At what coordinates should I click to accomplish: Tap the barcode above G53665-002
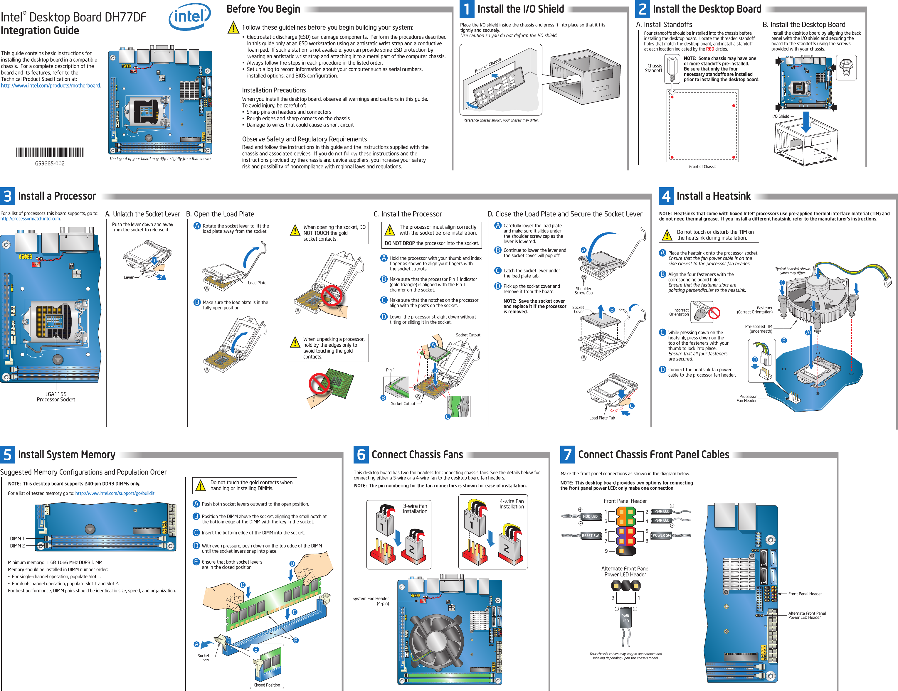pyautogui.click(x=50, y=153)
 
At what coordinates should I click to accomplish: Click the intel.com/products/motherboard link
pyautogui.click(x=51, y=85)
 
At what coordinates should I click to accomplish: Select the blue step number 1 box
pyautogui.click(x=467, y=9)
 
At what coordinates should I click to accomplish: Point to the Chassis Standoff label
pyautogui.click(x=653, y=68)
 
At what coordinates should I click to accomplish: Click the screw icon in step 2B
pyautogui.click(x=847, y=68)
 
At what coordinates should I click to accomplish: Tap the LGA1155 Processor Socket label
pyautogui.click(x=56, y=397)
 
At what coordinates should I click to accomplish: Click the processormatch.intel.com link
pyautogui.click(x=31, y=219)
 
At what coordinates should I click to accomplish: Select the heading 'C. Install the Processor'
pyautogui.click(x=408, y=214)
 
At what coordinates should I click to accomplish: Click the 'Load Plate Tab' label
pyautogui.click(x=602, y=418)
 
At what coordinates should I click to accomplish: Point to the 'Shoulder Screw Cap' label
pyautogui.click(x=583, y=291)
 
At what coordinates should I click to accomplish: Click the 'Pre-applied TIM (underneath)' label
pyautogui.click(x=759, y=329)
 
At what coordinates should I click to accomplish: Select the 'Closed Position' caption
pyautogui.click(x=267, y=685)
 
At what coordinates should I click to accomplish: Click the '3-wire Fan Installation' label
pyautogui.click(x=415, y=508)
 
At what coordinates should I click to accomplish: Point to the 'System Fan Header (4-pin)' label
pyautogui.click(x=371, y=601)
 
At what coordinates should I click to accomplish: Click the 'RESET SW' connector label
pyautogui.click(x=590, y=536)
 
